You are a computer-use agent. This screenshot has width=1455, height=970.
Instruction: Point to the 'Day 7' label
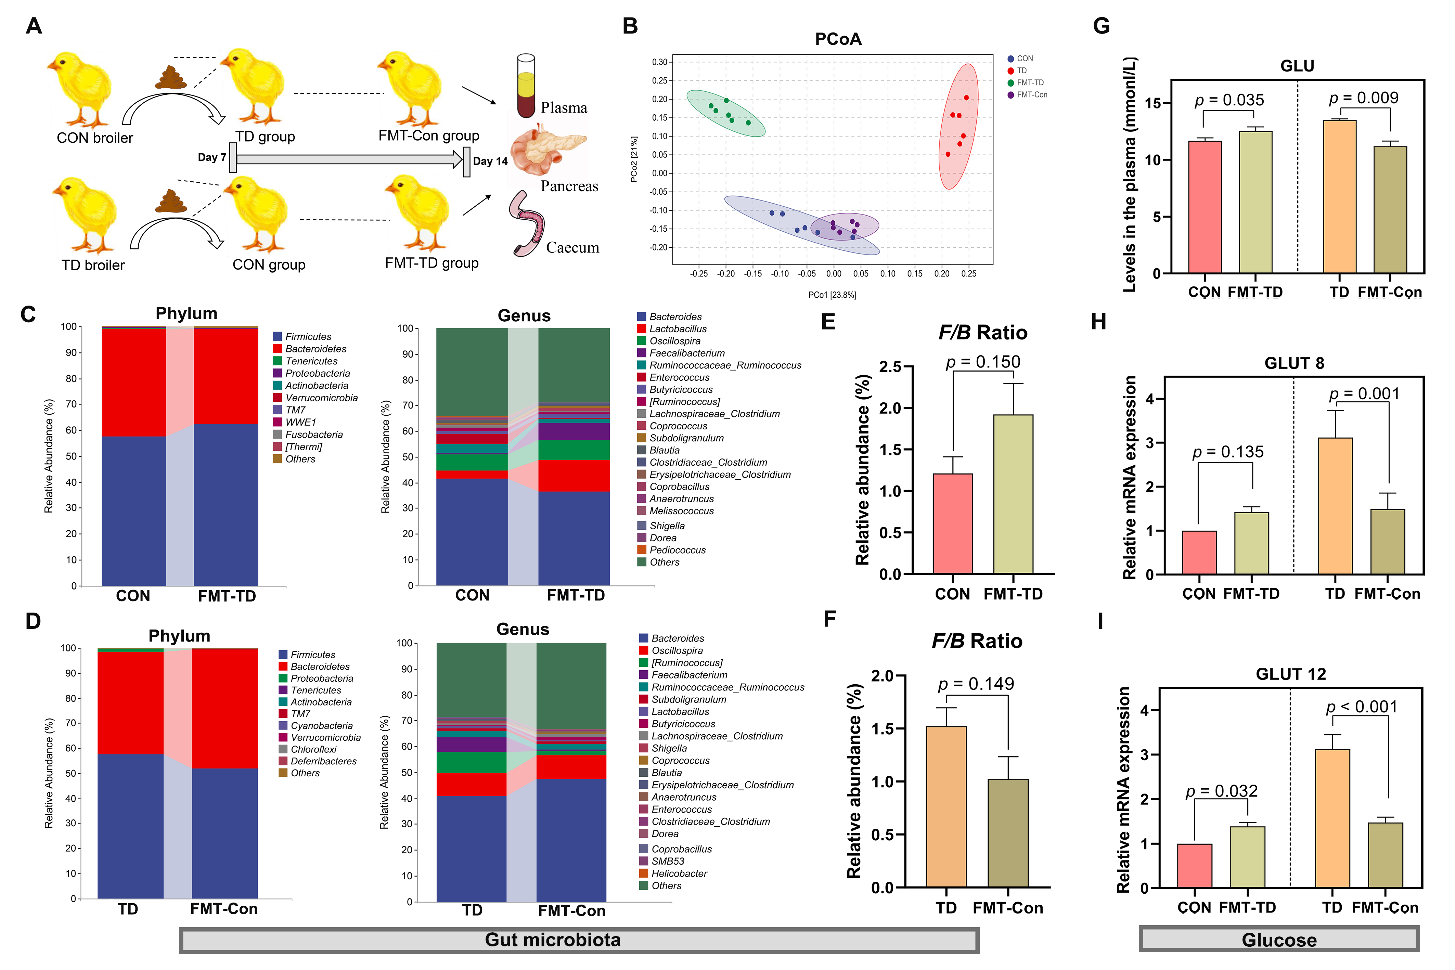pos(211,157)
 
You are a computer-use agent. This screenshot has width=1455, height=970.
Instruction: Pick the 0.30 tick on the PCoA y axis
pos(659,62)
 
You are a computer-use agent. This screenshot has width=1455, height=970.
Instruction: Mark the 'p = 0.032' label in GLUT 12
pos(1221,791)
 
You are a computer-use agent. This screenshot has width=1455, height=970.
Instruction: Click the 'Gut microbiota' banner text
pos(552,940)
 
